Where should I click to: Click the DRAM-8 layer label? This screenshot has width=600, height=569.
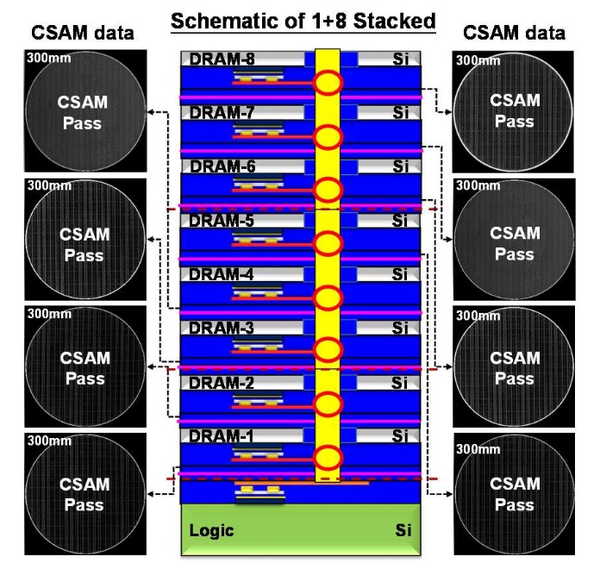click(x=222, y=59)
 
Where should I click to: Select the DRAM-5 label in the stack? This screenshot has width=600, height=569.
click(x=222, y=221)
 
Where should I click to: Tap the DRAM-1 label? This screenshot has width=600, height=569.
click(x=222, y=436)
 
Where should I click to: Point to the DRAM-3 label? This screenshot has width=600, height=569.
click(x=222, y=328)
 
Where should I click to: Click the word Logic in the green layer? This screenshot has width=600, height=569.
click(x=211, y=531)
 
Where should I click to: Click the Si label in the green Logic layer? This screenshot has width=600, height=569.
click(x=403, y=530)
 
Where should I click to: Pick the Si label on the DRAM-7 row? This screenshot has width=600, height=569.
click(x=400, y=112)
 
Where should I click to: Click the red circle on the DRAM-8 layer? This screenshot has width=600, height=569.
click(x=328, y=83)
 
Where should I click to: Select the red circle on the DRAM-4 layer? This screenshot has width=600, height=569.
click(x=328, y=298)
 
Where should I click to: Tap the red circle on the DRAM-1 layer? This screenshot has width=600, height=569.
click(x=328, y=458)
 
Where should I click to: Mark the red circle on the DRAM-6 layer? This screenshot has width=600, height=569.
click(x=328, y=191)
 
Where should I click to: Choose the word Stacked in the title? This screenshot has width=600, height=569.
click(x=395, y=21)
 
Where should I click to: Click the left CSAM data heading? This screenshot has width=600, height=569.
click(x=83, y=33)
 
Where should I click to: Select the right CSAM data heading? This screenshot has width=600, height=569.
click(x=514, y=33)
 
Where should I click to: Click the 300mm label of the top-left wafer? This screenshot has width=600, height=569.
click(x=49, y=58)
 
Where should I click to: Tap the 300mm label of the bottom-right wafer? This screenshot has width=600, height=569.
click(x=478, y=449)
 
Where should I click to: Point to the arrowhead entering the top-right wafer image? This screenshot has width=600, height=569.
click(x=448, y=112)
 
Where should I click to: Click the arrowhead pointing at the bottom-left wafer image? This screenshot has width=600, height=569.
click(x=151, y=494)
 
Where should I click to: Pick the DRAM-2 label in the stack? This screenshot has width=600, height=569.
click(x=222, y=383)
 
